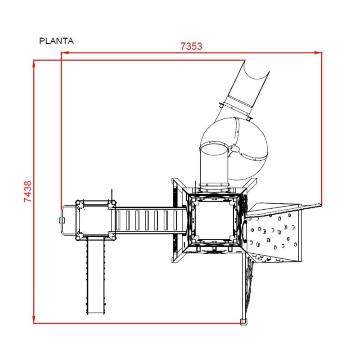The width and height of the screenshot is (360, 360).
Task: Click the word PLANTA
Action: click(56, 41)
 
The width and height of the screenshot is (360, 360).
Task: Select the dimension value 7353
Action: click(191, 46)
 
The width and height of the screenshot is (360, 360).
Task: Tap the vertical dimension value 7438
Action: click(28, 192)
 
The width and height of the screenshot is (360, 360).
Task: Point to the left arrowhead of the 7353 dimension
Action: click(65, 53)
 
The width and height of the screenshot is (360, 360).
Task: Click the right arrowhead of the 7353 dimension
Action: click(318, 53)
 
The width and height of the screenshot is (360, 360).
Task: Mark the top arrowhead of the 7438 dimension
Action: click(34, 64)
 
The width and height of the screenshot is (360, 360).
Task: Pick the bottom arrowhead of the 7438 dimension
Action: click(34, 319)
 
